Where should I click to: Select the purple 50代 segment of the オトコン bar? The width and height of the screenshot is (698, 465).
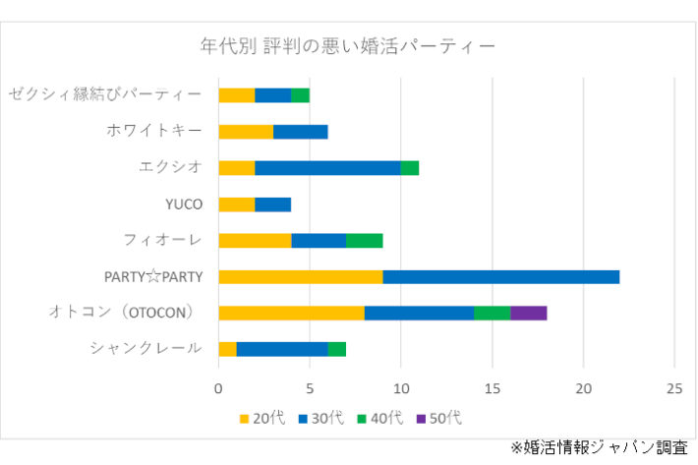pos(529,313)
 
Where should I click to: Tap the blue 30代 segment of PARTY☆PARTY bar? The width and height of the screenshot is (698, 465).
pos(500,276)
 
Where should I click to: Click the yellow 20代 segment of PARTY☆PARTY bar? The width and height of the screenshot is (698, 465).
pos(300,276)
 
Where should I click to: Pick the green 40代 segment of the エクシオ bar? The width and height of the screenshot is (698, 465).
pos(409,167)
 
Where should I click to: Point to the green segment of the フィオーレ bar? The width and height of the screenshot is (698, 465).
pos(364,240)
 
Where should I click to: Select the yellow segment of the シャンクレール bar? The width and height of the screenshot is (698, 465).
pos(227,349)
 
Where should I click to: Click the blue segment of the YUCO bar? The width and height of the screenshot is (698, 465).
pos(272,203)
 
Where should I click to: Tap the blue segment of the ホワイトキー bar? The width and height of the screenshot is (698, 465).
pos(300,131)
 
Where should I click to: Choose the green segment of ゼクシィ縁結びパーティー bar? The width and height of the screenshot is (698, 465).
pos(300,94)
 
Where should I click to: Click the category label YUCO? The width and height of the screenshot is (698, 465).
pos(184,204)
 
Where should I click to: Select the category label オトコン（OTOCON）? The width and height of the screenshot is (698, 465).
pos(126,313)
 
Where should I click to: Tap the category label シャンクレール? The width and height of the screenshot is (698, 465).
pos(145,349)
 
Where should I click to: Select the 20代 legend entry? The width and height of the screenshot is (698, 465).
pos(262,418)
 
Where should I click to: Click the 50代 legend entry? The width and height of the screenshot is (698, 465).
pos(437,418)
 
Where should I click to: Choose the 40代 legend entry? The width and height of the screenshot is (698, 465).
pos(378,418)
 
